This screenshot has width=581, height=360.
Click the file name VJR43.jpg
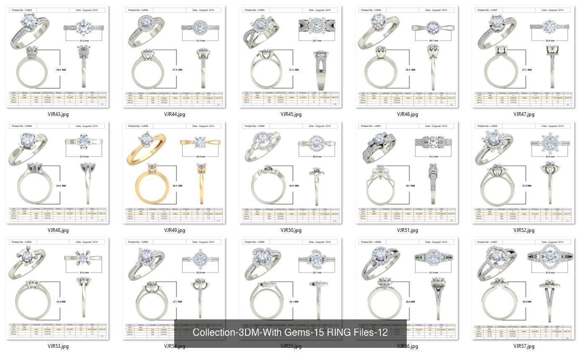click(x=58, y=114)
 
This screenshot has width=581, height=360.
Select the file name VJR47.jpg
click(x=524, y=114)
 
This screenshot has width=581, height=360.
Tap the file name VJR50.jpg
click(x=291, y=230)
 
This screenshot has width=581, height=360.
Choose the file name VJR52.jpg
click(x=524, y=230)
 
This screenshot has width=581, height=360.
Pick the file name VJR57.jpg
click(x=524, y=346)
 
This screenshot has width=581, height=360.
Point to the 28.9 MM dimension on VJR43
click(x=61, y=69)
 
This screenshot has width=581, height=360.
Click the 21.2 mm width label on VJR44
click(x=201, y=41)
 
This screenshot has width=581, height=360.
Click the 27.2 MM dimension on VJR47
click(x=527, y=69)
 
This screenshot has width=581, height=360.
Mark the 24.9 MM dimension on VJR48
click(x=61, y=185)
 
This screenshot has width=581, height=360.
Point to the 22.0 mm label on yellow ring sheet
click(x=201, y=157)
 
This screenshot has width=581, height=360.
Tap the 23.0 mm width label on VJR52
click(x=550, y=157)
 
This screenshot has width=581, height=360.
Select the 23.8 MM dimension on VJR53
click(x=61, y=301)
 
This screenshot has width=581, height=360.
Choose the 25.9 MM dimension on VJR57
click(x=527, y=301)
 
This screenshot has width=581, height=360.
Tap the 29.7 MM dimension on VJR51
click(x=411, y=185)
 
